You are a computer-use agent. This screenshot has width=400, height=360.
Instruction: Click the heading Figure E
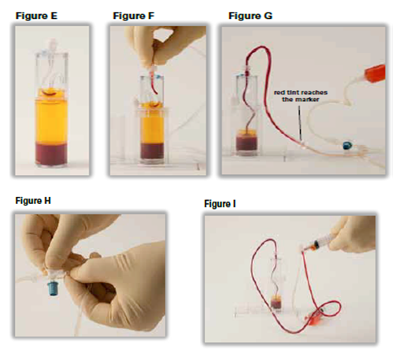pyautogui.click(x=36, y=16)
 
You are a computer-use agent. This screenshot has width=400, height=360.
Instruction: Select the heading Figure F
pyautogui.click(x=133, y=16)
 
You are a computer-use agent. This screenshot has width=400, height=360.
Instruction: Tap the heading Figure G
pyautogui.click(x=250, y=16)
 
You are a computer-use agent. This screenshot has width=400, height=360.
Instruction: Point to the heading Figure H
pyautogui.click(x=33, y=201)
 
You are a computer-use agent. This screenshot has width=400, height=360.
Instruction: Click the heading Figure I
pyautogui.click(x=220, y=204)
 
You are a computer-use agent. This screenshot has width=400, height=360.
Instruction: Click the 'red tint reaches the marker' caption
pyautogui.click(x=301, y=96)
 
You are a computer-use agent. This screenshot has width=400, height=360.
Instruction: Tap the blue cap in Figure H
pyautogui.click(x=54, y=290)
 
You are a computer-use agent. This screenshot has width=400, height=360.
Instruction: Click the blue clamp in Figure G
pyautogui.click(x=347, y=145)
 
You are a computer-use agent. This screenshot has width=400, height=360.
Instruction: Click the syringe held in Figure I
pyautogui.click(x=320, y=244)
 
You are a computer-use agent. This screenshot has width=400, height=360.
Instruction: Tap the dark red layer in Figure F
pyautogui.click(x=152, y=150)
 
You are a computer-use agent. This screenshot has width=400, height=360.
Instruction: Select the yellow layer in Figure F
pyautogui.click(x=152, y=124)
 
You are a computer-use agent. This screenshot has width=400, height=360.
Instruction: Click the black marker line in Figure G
pyautogui.click(x=299, y=122)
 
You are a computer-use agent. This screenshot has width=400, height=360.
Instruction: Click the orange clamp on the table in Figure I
pyautogui.click(x=313, y=317)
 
